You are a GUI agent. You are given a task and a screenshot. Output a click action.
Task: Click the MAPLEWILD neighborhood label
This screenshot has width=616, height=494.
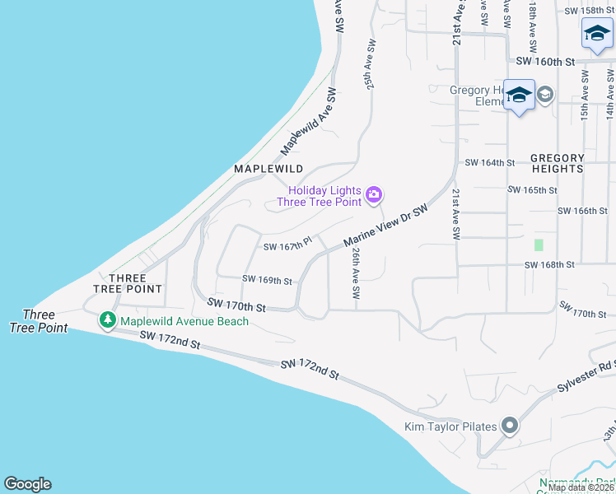(x=268, y=168)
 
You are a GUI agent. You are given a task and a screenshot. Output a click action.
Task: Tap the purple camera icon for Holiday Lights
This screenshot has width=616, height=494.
(x=374, y=194)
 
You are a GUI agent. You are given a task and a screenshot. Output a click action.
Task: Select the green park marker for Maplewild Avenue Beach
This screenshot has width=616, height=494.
(x=107, y=320)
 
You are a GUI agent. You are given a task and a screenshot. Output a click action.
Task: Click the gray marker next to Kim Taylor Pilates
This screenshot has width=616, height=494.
(x=510, y=426)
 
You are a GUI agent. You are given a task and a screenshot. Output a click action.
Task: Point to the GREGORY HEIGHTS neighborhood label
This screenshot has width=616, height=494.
(x=558, y=163)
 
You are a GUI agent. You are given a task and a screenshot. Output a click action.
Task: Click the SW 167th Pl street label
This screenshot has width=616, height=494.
(x=287, y=245)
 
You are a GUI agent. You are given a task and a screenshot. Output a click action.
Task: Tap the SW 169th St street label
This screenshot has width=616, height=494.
(x=267, y=280)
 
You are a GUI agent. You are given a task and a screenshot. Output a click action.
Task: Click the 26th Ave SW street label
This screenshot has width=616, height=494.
(x=356, y=273)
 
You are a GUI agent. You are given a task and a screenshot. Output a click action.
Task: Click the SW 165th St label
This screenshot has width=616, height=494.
(x=533, y=190)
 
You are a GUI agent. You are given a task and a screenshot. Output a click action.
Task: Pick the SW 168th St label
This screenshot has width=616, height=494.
(x=549, y=265)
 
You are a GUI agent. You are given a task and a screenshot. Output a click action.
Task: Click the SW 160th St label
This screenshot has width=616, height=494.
(x=544, y=61)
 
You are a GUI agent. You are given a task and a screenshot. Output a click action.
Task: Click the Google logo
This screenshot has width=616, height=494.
(x=27, y=484)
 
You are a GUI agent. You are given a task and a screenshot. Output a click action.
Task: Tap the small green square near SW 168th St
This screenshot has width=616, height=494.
(x=539, y=245)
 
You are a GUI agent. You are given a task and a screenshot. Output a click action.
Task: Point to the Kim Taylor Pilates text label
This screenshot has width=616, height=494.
(x=450, y=426)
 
